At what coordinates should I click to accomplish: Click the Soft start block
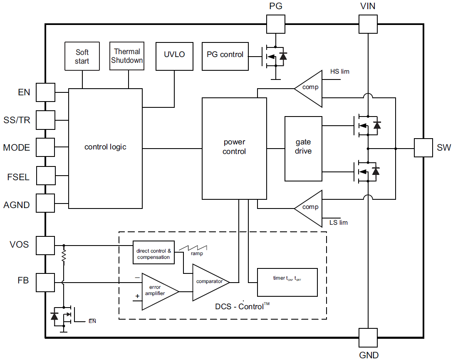pyautogui.click(x=82, y=56)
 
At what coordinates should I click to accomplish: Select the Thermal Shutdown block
pyautogui.click(x=127, y=56)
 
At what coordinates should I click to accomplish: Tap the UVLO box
pyautogui.click(x=174, y=56)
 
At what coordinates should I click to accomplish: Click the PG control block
pyautogui.click(x=225, y=56)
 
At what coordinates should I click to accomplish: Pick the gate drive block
pyautogui.click(x=303, y=149)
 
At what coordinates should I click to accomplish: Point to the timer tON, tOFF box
pyautogui.click(x=287, y=282)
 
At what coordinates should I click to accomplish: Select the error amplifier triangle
pyautogui.click(x=158, y=291)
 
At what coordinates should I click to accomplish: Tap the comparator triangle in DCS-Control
pyautogui.click(x=208, y=282)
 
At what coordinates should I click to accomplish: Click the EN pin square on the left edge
pyautogui.click(x=45, y=92)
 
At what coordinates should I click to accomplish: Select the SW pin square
pyautogui.click(x=423, y=148)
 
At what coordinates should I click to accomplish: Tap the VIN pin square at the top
pyautogui.click(x=368, y=24)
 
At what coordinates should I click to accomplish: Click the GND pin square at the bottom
pyautogui.click(x=368, y=338)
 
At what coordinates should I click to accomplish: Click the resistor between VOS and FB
pyautogui.click(x=64, y=256)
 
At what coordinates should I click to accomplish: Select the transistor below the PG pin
pyautogui.click(x=274, y=56)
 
